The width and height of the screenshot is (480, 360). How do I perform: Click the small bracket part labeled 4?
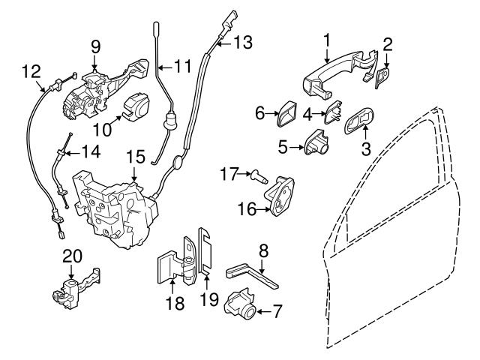(332, 114)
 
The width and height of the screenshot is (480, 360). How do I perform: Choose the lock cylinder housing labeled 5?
(318, 142)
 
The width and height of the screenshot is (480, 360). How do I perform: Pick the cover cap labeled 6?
(286, 115)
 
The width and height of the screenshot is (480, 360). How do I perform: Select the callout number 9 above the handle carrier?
(96, 46)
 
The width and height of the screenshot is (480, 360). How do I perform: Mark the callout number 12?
(30, 71)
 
